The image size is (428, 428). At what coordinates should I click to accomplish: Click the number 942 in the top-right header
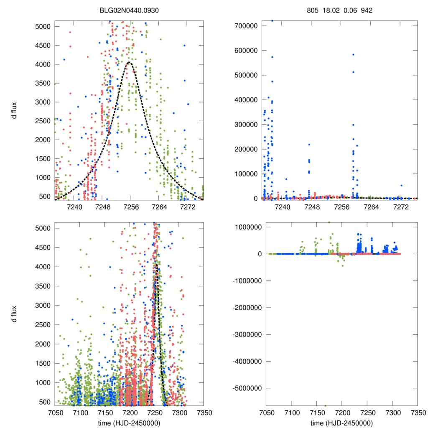367,10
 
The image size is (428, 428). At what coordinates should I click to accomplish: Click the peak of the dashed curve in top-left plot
129,62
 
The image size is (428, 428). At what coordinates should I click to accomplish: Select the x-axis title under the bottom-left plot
129,423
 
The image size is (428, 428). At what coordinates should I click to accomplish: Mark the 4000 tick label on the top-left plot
43,64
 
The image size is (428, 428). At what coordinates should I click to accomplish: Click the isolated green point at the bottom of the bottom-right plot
325,405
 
